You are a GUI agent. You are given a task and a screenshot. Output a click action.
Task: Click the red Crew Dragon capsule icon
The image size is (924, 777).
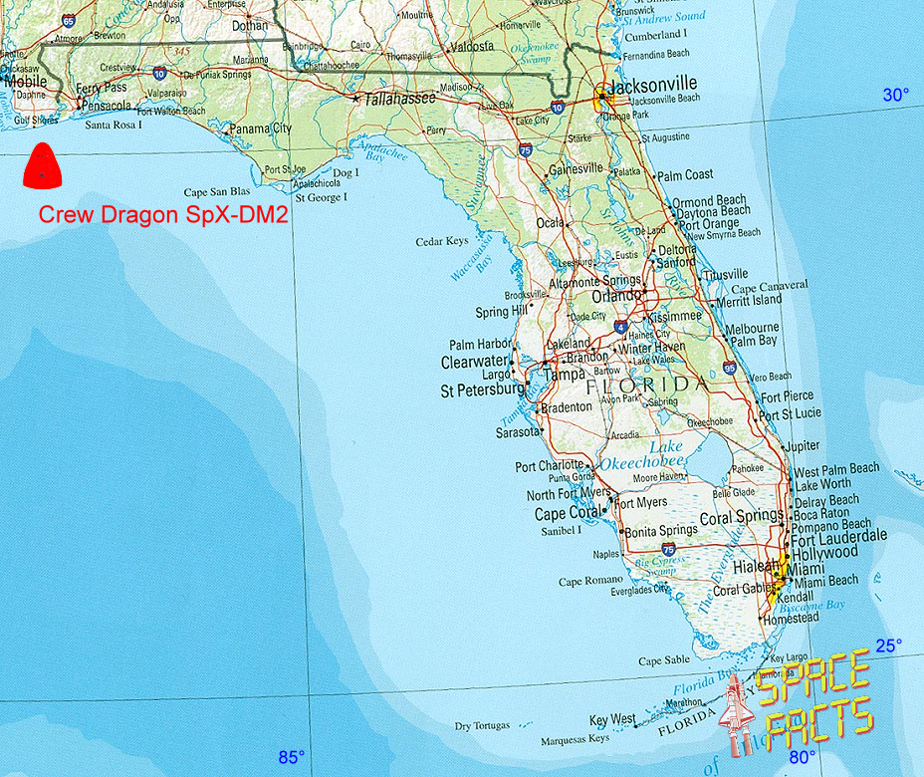point(41,165)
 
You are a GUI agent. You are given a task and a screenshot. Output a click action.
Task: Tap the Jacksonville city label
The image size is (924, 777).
point(652,85)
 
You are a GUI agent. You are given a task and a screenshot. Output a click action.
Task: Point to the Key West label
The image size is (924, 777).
point(612,719)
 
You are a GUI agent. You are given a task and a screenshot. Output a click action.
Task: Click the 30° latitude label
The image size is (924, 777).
point(896,95)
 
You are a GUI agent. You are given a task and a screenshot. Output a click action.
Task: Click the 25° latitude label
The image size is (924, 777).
point(888,645)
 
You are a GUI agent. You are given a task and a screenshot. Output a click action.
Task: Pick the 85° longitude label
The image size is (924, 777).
point(291,757)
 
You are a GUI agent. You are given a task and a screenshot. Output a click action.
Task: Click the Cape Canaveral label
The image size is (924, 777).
point(770,286)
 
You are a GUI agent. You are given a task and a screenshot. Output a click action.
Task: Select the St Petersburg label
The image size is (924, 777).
point(482,391)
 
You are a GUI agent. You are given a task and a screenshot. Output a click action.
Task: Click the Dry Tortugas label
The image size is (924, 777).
point(482,726)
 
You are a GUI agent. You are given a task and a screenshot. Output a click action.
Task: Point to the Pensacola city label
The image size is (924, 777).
point(106,105)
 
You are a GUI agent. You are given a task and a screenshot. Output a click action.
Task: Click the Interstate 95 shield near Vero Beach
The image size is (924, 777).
point(731,368)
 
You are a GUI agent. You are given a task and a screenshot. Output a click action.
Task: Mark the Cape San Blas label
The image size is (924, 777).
point(217,191)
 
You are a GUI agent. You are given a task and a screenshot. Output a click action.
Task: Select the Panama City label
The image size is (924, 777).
point(260,129)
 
